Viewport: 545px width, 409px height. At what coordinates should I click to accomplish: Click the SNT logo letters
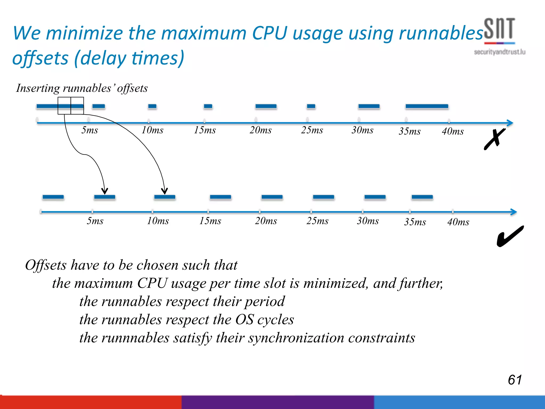(499, 28)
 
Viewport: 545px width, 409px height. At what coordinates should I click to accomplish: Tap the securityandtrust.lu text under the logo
(499, 52)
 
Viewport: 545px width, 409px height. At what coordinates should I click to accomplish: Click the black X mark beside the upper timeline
(494, 139)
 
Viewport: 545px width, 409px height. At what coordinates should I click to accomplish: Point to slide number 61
(515, 379)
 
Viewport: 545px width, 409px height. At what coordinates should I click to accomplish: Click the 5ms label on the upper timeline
(90, 130)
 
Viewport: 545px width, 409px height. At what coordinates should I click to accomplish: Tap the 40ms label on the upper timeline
(453, 131)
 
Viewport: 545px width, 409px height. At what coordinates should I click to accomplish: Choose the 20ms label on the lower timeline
(266, 221)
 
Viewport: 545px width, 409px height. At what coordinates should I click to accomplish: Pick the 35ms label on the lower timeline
(415, 222)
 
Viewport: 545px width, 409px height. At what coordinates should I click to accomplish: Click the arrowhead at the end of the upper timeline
(510, 123)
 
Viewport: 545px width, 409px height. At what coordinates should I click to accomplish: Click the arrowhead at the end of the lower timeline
(514, 212)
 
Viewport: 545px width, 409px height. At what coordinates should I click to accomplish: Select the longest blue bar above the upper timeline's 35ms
(427, 106)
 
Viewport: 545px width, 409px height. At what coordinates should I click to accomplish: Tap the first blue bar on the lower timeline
(53, 197)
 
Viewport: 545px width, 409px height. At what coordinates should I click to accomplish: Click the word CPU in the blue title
(270, 33)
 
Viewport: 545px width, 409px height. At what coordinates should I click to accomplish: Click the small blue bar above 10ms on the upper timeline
(152, 106)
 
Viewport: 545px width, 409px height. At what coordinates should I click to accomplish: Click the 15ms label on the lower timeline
(210, 221)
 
